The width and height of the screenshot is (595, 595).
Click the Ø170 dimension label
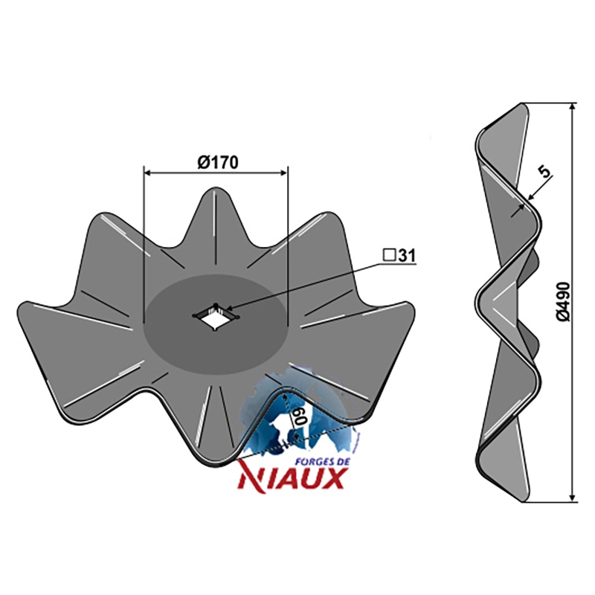[218, 162]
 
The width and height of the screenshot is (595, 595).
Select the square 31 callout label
[399, 255]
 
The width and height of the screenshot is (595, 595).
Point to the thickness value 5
[544, 173]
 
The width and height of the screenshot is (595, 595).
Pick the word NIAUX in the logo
[291, 478]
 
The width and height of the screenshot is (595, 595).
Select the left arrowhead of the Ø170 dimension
[147, 173]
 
